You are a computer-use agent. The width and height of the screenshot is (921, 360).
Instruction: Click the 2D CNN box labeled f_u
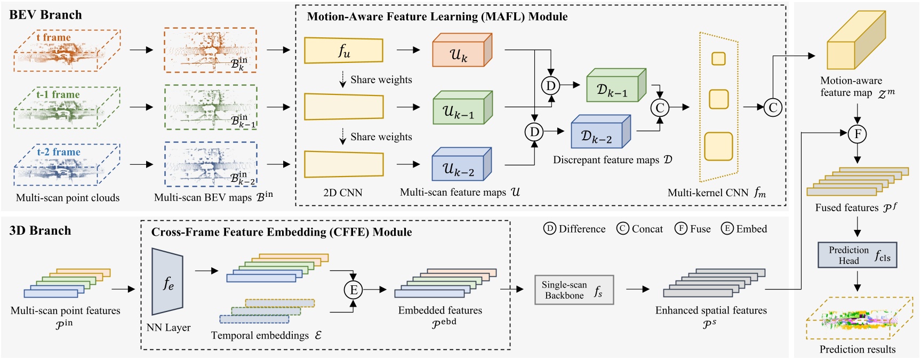[343, 51]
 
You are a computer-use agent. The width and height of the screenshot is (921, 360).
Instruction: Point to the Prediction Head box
[857, 255]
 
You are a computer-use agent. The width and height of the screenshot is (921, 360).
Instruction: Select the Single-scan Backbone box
[574, 290]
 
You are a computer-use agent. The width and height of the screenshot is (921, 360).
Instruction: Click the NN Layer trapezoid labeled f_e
[167, 282]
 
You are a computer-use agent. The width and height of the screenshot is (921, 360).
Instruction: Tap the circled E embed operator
[353, 290]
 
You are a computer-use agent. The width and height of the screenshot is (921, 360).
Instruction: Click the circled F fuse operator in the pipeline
[857, 134]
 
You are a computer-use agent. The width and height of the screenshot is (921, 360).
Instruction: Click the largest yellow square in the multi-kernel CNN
[718, 146]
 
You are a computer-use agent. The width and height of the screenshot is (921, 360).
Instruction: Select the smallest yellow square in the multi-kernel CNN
[718, 58]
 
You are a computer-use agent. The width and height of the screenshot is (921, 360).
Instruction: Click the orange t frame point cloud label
[53, 37]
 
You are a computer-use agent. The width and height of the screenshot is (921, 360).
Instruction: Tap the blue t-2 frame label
[59, 152]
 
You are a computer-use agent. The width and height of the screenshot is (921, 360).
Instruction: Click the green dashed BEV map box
[211, 107]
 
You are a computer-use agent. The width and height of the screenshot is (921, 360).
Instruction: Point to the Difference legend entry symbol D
[550, 229]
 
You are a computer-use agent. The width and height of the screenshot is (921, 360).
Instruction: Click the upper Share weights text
[381, 80]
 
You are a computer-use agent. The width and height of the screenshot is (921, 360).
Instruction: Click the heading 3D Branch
[40, 230]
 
